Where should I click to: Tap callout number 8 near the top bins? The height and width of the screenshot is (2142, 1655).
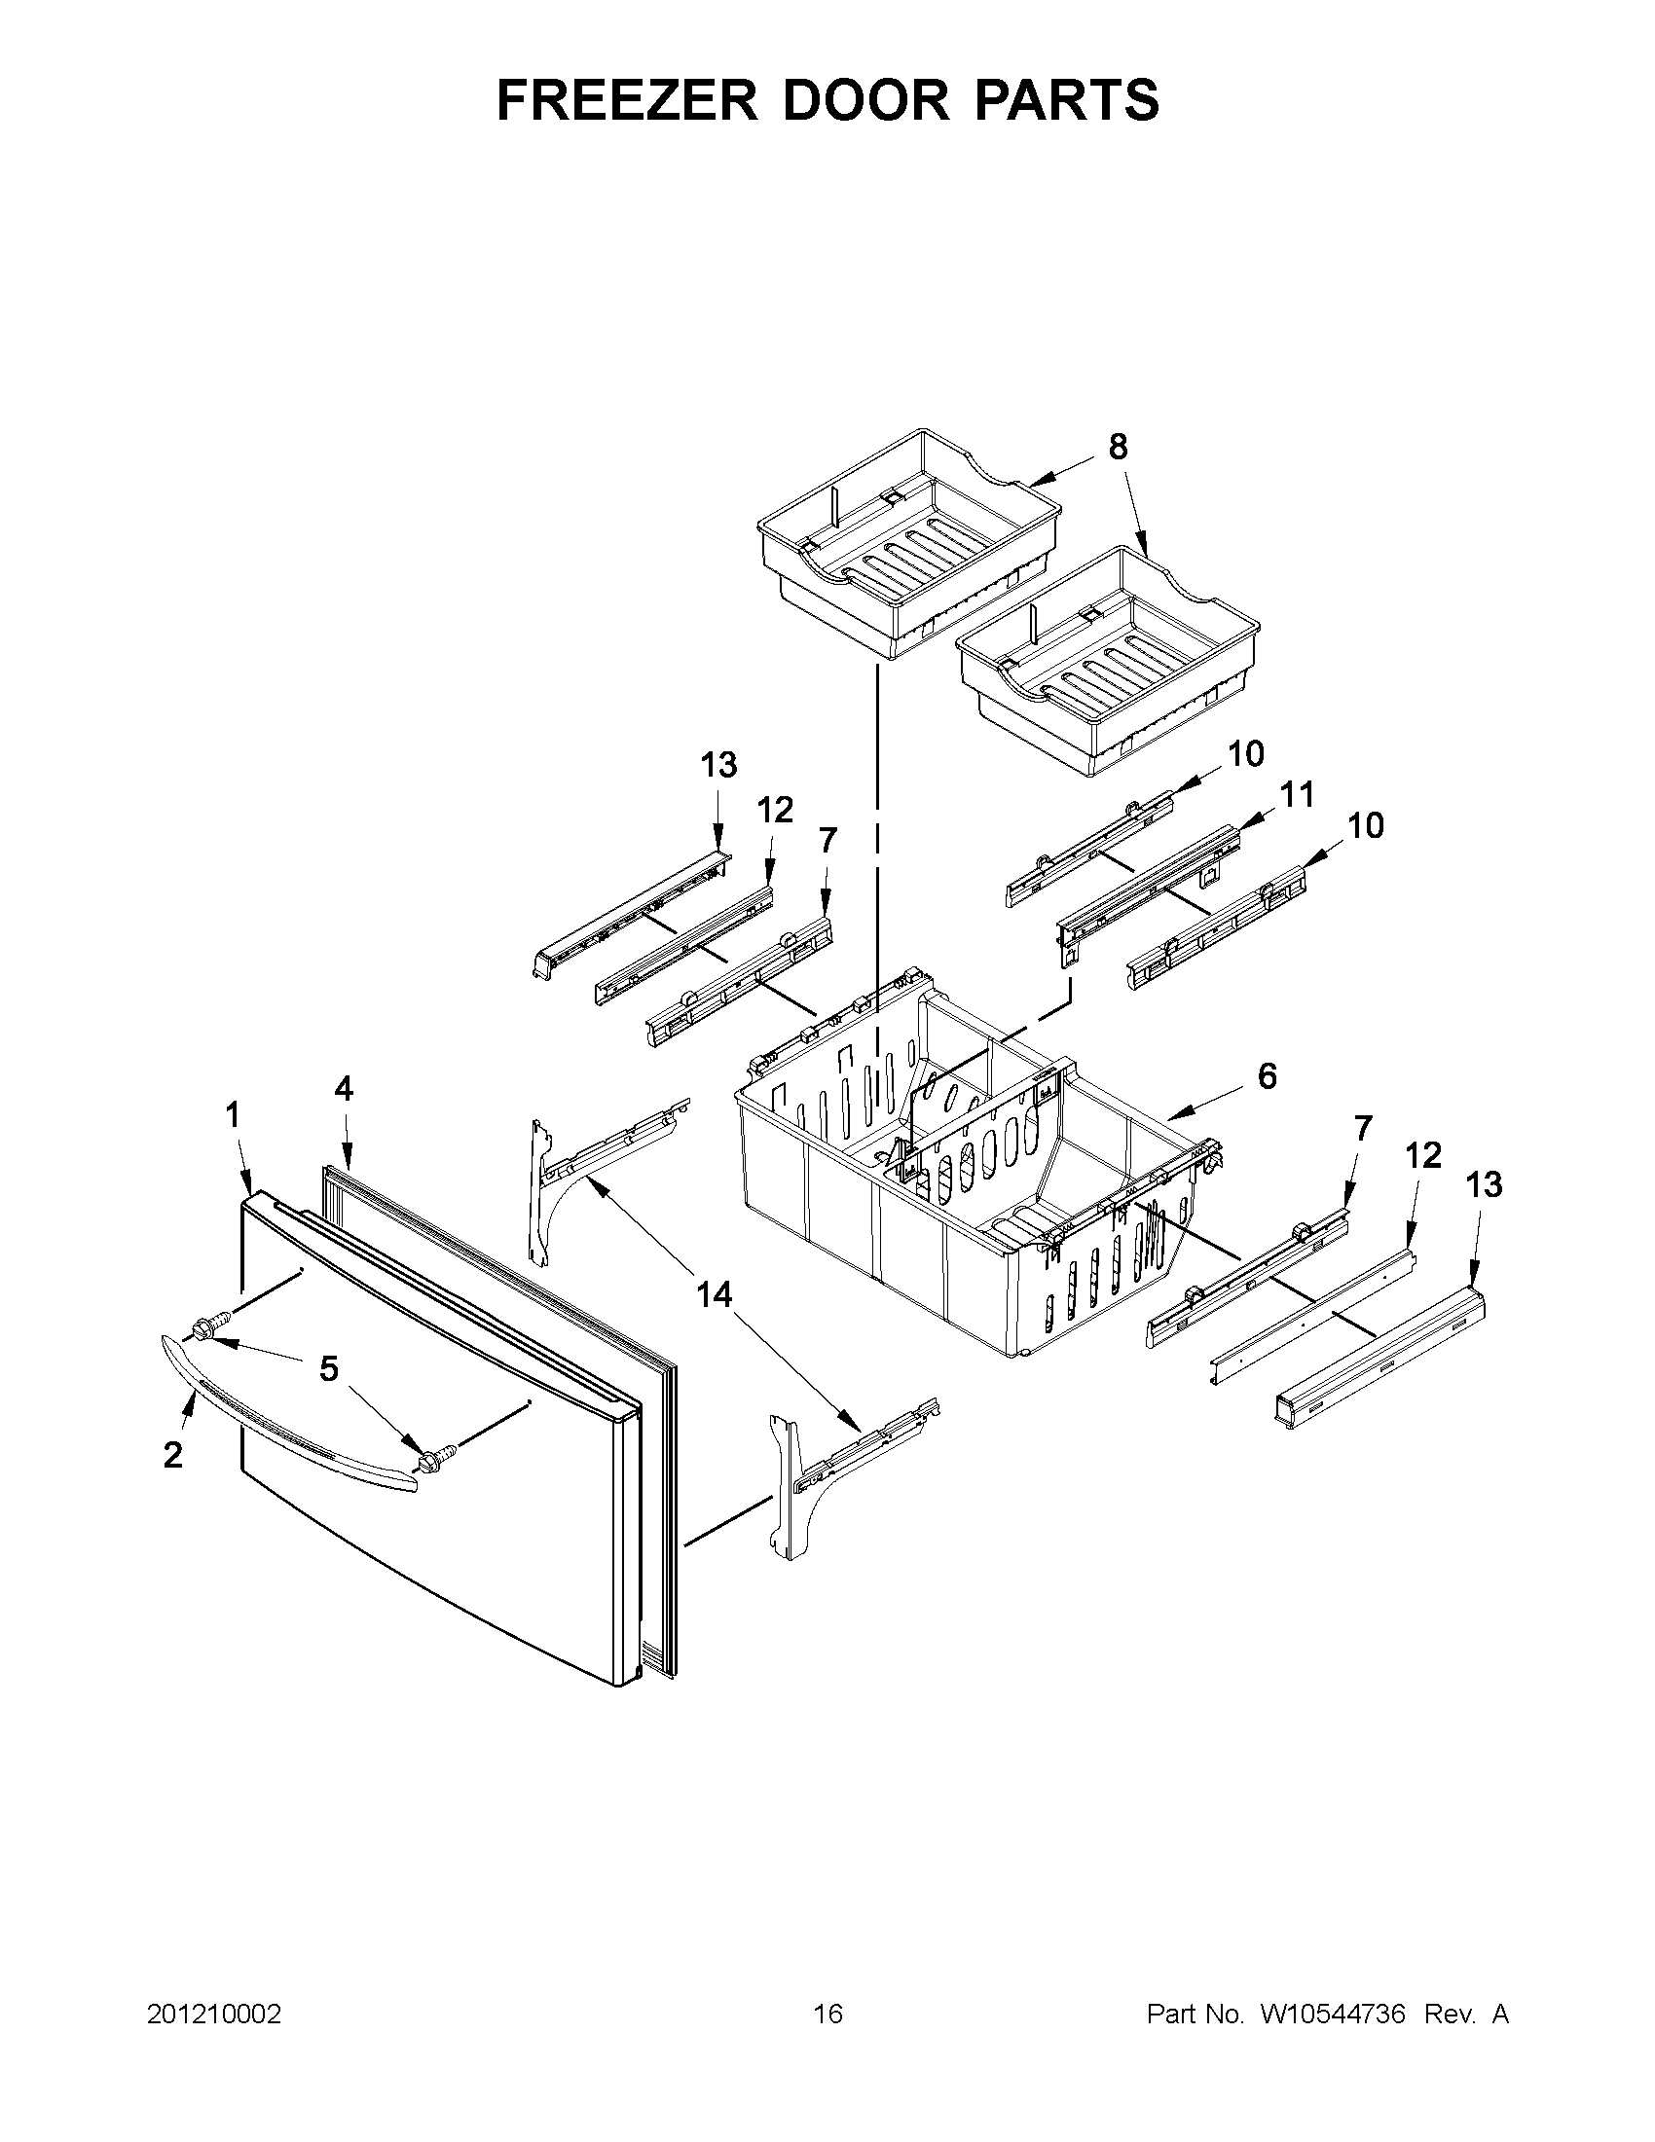(1118, 448)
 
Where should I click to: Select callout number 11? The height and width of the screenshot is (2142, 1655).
(1297, 794)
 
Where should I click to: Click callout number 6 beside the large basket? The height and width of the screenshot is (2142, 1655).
(1268, 1076)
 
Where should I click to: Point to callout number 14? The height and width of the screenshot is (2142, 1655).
(715, 1295)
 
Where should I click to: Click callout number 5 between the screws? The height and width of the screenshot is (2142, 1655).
(329, 1368)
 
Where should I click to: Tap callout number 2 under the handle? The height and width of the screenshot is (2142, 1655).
(172, 1456)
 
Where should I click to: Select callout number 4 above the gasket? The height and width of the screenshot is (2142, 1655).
(344, 1088)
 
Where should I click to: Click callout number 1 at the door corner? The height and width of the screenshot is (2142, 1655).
(233, 1114)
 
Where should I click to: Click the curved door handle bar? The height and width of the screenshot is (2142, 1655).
(284, 1412)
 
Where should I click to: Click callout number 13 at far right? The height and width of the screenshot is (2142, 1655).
(1484, 1184)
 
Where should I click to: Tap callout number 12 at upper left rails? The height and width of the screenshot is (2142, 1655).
(775, 810)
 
